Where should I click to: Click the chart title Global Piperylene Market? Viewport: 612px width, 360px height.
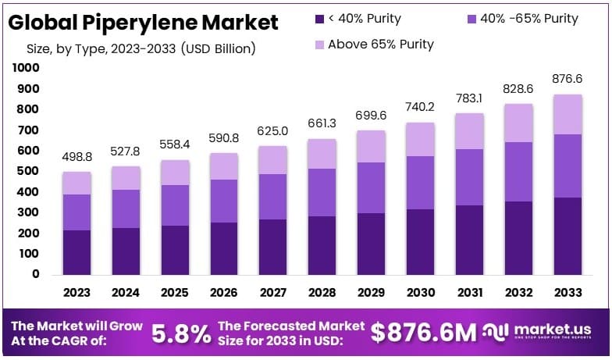[143, 23]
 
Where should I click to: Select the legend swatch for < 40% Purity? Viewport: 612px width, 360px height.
[320, 18]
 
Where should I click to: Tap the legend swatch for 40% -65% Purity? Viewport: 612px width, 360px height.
[471, 18]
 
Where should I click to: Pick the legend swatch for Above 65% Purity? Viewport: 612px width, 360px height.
[320, 45]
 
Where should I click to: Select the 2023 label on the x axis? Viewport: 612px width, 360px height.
[76, 293]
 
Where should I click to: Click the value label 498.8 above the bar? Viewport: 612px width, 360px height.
[76, 158]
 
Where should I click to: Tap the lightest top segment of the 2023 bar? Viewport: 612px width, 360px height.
[76, 183]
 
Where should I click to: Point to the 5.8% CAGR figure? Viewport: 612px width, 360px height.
[180, 333]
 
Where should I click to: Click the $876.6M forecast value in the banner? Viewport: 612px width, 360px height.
[423, 333]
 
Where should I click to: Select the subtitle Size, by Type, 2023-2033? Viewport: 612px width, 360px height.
[141, 49]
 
